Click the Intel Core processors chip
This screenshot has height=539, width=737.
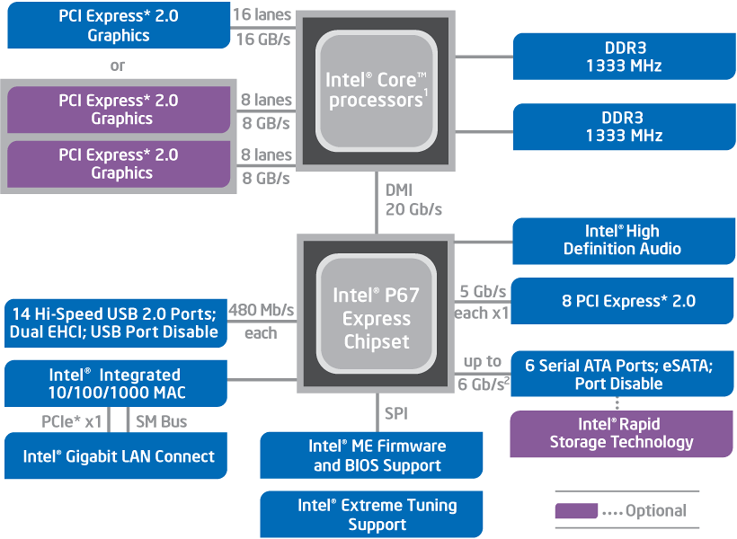click(375, 91)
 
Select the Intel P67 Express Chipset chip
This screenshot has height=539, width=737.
click(375, 318)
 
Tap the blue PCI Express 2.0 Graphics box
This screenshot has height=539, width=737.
click(118, 25)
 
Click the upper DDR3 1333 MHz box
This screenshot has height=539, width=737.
click(625, 57)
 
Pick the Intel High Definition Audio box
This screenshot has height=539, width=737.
click(622, 240)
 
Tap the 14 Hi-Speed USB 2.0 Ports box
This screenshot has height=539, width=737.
click(114, 323)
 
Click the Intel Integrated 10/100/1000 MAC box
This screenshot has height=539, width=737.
click(114, 384)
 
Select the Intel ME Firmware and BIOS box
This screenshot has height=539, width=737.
click(371, 455)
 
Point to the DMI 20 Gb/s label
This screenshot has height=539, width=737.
click(413, 199)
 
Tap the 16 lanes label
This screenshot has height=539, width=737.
click(262, 15)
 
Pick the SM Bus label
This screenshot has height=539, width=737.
click(162, 420)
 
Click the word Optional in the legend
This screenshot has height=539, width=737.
click(655, 511)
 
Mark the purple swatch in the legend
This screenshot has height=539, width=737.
click(576, 511)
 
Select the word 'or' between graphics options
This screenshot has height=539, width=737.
click(118, 66)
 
